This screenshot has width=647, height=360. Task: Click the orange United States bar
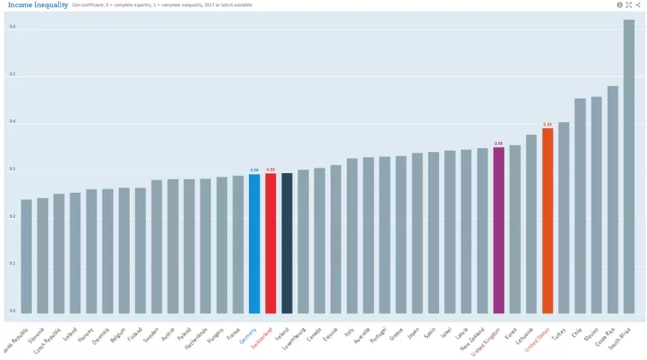548,221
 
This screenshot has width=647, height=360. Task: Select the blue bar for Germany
254,244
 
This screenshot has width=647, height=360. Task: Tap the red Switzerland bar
271,243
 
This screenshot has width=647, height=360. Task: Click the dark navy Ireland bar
286,243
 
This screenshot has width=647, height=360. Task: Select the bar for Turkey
564,218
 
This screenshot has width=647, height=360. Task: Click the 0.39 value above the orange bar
548,124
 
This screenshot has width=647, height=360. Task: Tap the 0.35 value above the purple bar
499,144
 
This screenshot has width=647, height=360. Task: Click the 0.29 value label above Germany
254,171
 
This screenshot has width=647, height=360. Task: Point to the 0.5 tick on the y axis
12,75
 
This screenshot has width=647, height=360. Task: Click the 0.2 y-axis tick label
12,216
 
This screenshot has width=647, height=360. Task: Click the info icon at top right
619,5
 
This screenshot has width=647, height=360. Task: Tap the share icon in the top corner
638,5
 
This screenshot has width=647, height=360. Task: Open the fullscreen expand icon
629,5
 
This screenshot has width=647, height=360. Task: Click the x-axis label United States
536,338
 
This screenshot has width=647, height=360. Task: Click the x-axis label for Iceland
70,334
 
